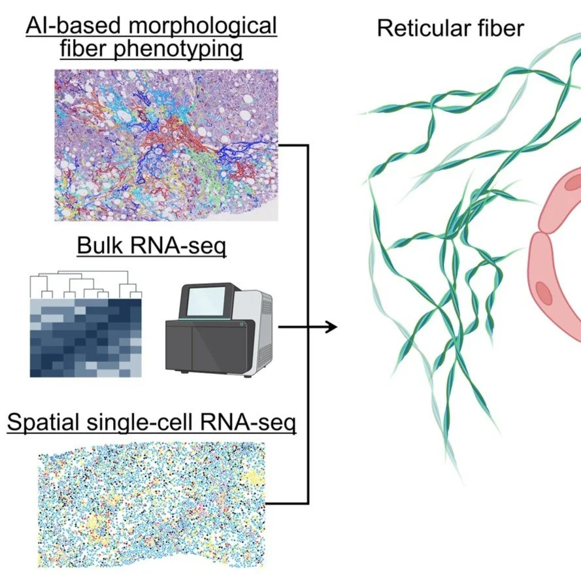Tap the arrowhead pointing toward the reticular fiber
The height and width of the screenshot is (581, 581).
331,326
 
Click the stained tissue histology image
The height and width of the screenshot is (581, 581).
166,144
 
